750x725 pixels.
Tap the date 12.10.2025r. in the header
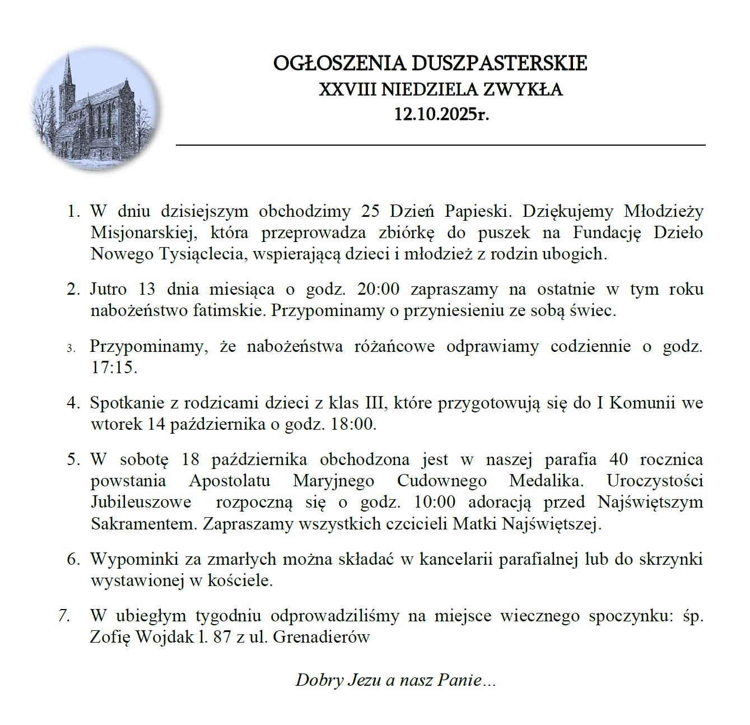pos(441,115)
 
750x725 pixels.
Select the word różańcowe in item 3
pos(394,346)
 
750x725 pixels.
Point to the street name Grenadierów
pos(322,637)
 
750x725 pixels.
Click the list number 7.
pos(64,616)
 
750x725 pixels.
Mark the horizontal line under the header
pos(441,145)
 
